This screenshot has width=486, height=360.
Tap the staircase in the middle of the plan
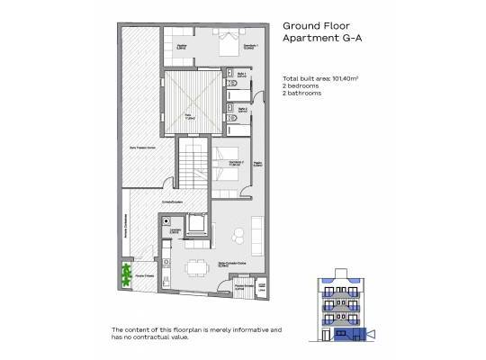[190, 166]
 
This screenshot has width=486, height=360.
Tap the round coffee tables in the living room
[238, 237]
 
